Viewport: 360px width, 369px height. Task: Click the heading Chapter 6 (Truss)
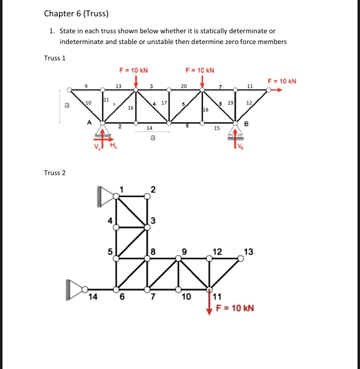[76, 14]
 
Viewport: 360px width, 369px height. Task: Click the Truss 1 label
[55, 58]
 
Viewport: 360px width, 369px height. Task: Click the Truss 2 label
[55, 173]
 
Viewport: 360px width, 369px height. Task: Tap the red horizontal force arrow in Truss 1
[277, 90]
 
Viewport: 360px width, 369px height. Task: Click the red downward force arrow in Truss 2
[210, 303]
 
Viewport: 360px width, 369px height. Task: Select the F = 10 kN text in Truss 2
[235, 308]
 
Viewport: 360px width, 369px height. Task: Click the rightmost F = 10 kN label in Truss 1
[282, 81]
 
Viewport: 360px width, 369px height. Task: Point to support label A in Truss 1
[89, 122]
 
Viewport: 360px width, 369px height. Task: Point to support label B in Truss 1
[246, 124]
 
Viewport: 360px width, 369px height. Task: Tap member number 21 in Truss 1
[106, 99]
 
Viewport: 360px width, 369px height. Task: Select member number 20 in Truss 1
[184, 86]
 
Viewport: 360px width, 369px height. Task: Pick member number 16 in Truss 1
[130, 108]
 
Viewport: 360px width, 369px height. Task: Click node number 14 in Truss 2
[93, 297]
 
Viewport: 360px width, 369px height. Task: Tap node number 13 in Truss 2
[248, 252]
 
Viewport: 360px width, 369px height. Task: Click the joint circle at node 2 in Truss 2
[147, 196]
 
